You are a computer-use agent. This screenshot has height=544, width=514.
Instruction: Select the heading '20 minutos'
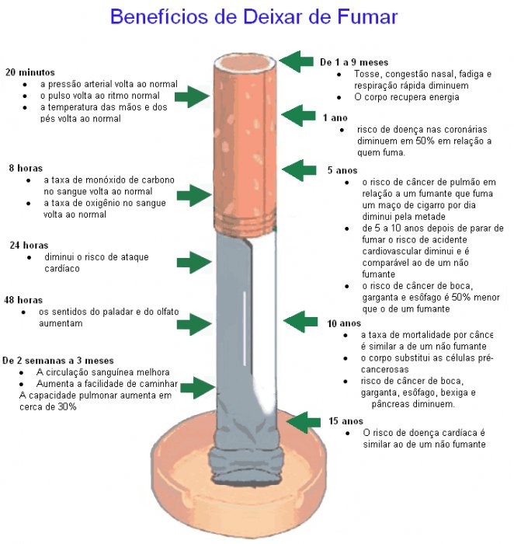pos(30,72)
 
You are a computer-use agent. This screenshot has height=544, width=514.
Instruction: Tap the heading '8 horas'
pos(26,169)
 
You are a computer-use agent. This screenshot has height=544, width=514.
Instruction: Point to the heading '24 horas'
pos(29,246)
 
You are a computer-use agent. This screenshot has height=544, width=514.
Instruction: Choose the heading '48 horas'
pos(23,300)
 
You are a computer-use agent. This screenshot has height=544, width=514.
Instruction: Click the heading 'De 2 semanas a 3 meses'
pos(58,361)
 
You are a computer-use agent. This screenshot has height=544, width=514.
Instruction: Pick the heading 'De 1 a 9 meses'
pos(354,62)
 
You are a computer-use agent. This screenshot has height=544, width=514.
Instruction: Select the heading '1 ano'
pos(335,118)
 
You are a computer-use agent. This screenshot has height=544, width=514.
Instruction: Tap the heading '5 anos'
pos(342,170)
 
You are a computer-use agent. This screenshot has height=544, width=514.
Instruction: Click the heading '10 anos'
pos(344,323)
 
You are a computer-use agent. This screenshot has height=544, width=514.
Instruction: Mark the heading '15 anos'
pos(346,421)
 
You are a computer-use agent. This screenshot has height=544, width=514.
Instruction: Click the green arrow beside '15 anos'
pos(304,422)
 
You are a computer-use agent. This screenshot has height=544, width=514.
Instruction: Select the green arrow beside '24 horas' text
pos(194,263)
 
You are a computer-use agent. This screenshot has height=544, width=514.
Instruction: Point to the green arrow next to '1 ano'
pos(298,116)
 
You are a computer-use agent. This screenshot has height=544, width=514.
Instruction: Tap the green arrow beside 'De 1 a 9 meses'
pos(296,61)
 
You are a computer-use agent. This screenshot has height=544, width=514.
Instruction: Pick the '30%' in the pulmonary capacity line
pos(67,406)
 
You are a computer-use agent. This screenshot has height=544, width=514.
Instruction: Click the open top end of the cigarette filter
pos(245,64)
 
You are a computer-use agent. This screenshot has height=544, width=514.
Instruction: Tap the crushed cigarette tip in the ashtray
pos(245,465)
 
